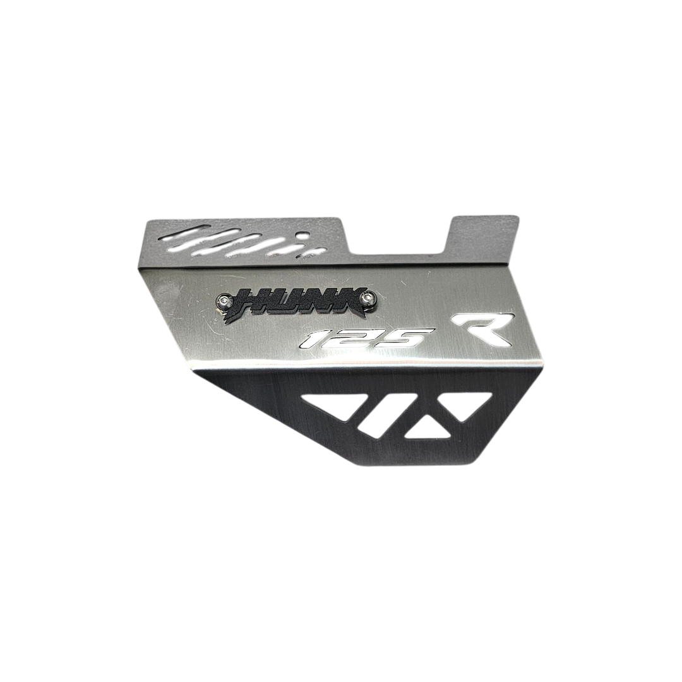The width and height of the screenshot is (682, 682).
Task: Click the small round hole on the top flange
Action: point(300,236)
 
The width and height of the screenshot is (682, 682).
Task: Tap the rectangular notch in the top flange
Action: point(399,236)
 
